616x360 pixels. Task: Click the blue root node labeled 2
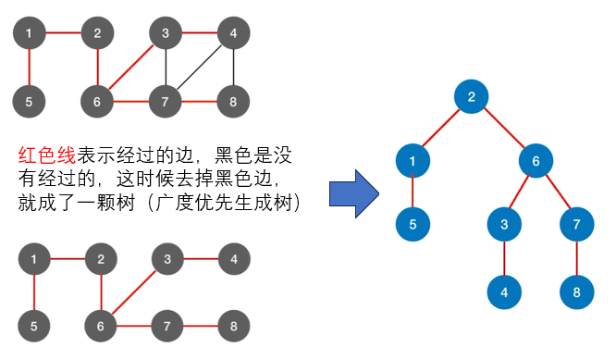471,96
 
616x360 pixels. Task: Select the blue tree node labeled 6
536,161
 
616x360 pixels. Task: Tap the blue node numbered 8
577,292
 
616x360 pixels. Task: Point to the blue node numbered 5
413,224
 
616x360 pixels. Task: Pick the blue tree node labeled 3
504,224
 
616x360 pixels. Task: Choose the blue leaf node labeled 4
504,292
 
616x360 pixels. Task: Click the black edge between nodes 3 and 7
166,68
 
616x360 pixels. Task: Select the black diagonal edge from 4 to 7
199,68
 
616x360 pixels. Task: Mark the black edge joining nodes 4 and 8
234,68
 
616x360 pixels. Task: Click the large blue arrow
354,193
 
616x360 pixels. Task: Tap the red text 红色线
47,155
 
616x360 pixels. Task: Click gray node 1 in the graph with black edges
29,33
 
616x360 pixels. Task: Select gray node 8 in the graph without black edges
234,326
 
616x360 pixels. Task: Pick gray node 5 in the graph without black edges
34,326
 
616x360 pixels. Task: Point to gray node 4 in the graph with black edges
234,33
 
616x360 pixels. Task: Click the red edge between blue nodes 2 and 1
441,129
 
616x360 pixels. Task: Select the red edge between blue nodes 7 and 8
577,258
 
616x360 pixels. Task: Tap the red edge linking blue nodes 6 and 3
520,192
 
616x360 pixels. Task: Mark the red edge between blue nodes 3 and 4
504,258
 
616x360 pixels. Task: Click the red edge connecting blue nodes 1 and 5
413,192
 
